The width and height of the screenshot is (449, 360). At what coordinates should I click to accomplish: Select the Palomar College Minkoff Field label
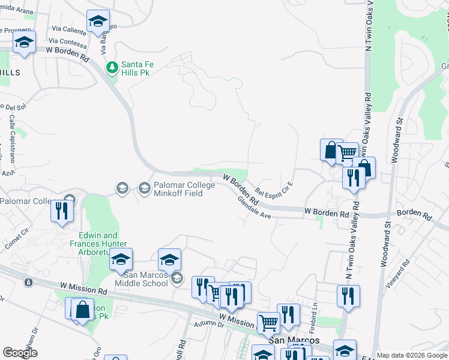coord(177,189)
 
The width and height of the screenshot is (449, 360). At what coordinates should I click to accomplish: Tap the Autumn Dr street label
coord(209,325)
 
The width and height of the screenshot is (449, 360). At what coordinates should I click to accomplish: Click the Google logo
coord(20,352)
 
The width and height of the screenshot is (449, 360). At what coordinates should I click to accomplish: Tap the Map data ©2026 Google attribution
coord(411,355)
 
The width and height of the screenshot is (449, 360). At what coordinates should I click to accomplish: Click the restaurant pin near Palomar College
coord(62,211)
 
